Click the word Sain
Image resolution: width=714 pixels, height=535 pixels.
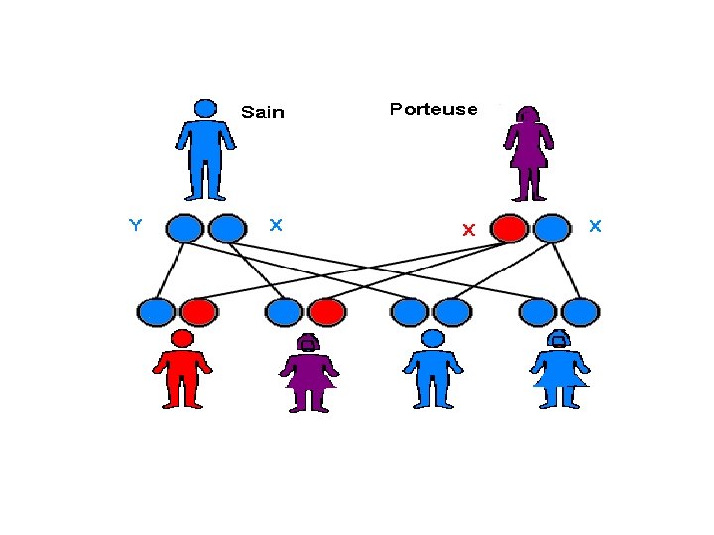click(263, 112)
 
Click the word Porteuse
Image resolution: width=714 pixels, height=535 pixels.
click(433, 109)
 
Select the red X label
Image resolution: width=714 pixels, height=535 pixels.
click(469, 230)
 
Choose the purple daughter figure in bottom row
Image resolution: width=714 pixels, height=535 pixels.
click(309, 374)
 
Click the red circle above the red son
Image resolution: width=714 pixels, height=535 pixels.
click(197, 312)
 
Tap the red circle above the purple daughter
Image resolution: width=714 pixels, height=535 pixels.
click(326, 312)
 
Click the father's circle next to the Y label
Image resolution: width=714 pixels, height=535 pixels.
click(183, 229)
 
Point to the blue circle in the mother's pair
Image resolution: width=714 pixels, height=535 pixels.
click(552, 229)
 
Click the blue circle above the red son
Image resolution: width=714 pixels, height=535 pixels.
click(156, 312)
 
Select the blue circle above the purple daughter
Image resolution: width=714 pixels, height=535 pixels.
click(285, 312)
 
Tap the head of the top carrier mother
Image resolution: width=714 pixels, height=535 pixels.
click(528, 116)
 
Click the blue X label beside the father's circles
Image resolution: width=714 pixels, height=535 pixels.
click(275, 225)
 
